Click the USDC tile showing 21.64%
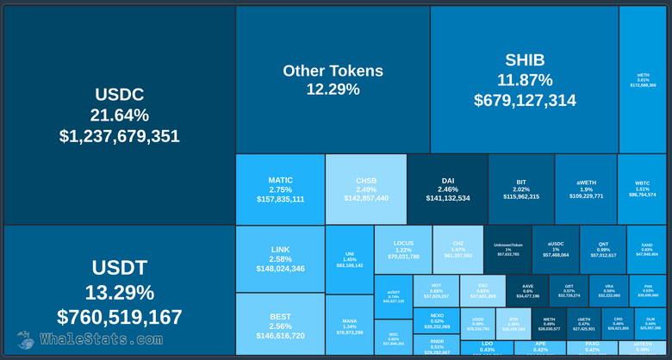pyautogui.click(x=120, y=115)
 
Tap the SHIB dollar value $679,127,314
pyautogui.click(x=525, y=101)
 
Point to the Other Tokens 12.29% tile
pyautogui.click(x=333, y=79)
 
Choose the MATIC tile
pyautogui.click(x=280, y=189)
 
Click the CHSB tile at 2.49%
pyautogui.click(x=365, y=189)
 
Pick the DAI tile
pyautogui.click(x=447, y=189)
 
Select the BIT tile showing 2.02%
pyautogui.click(x=520, y=189)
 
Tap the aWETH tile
pyautogui.click(x=585, y=189)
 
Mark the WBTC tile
pyautogui.click(x=642, y=189)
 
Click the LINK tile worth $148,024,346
pyautogui.click(x=280, y=258)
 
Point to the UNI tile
pyautogui.click(x=350, y=259)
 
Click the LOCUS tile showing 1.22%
pyautogui.click(x=403, y=250)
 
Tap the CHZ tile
pyautogui.click(x=457, y=250)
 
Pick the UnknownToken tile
pyautogui.click(x=507, y=250)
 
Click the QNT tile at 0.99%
pyautogui.click(x=603, y=250)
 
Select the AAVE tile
pyautogui.click(x=528, y=290)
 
